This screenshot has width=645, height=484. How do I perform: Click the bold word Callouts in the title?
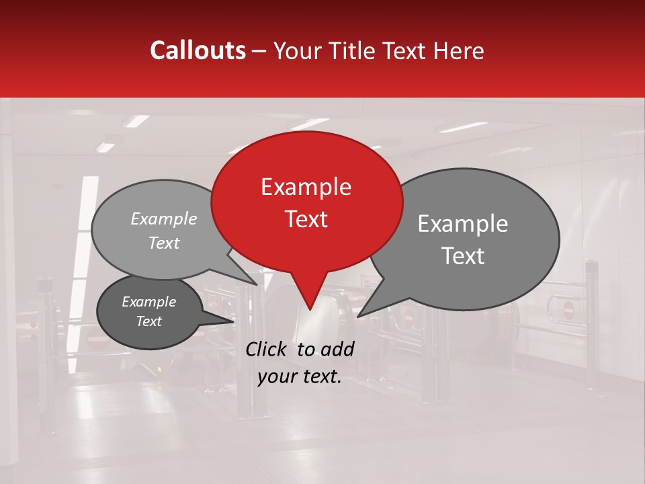(198, 50)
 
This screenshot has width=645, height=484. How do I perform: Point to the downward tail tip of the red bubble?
(310, 309)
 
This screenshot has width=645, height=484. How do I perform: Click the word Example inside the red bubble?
(306, 187)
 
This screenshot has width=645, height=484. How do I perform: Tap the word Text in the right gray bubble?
(464, 256)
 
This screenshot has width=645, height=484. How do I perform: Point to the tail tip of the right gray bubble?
(359, 315)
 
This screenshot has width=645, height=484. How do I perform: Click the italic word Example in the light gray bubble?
(164, 219)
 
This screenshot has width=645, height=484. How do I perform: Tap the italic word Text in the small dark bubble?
(149, 321)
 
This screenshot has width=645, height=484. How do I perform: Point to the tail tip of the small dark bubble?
(234, 321)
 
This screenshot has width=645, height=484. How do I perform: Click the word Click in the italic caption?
(267, 349)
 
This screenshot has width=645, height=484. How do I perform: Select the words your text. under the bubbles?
(300, 377)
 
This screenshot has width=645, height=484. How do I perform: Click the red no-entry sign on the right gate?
(568, 309)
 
